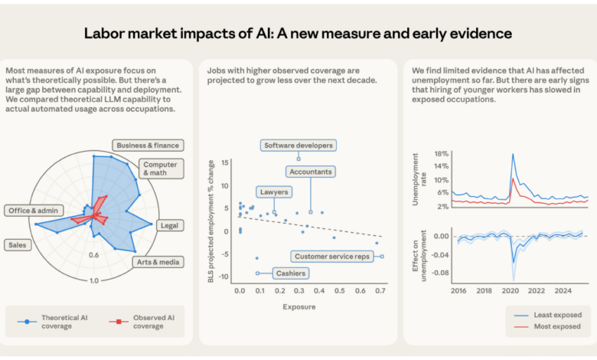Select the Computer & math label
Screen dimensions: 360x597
[161, 169]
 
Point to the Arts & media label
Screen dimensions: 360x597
[158, 262]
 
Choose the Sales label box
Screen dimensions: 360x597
[17, 245]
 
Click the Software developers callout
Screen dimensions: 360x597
[298, 145]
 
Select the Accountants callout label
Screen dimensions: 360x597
[310, 172]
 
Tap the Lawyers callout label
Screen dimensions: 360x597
[274, 192]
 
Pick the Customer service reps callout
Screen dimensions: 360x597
[331, 256]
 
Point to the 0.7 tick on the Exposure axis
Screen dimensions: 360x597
[380, 292]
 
